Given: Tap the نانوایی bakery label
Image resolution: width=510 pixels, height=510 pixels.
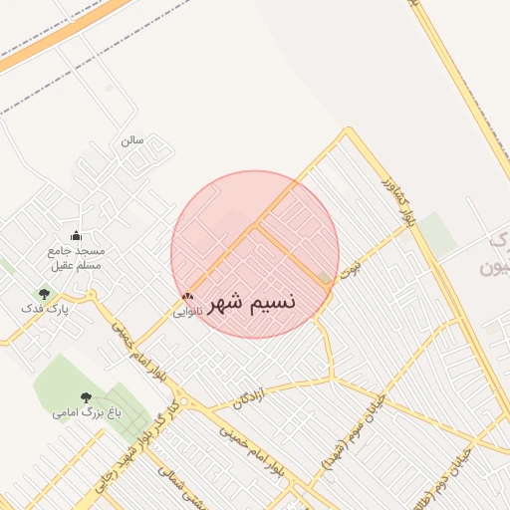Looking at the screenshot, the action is (x=187, y=312).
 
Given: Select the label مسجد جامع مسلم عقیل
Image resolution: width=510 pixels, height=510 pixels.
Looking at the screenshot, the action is (x=76, y=258).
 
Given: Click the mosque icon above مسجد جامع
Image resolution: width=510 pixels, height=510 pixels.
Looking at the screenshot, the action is (x=77, y=235).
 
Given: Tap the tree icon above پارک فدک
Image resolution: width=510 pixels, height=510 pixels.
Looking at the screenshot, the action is (x=44, y=294).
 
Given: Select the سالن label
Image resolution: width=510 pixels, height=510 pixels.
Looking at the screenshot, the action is (x=132, y=140).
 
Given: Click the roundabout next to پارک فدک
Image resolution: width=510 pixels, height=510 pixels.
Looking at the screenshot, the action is (x=92, y=295).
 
